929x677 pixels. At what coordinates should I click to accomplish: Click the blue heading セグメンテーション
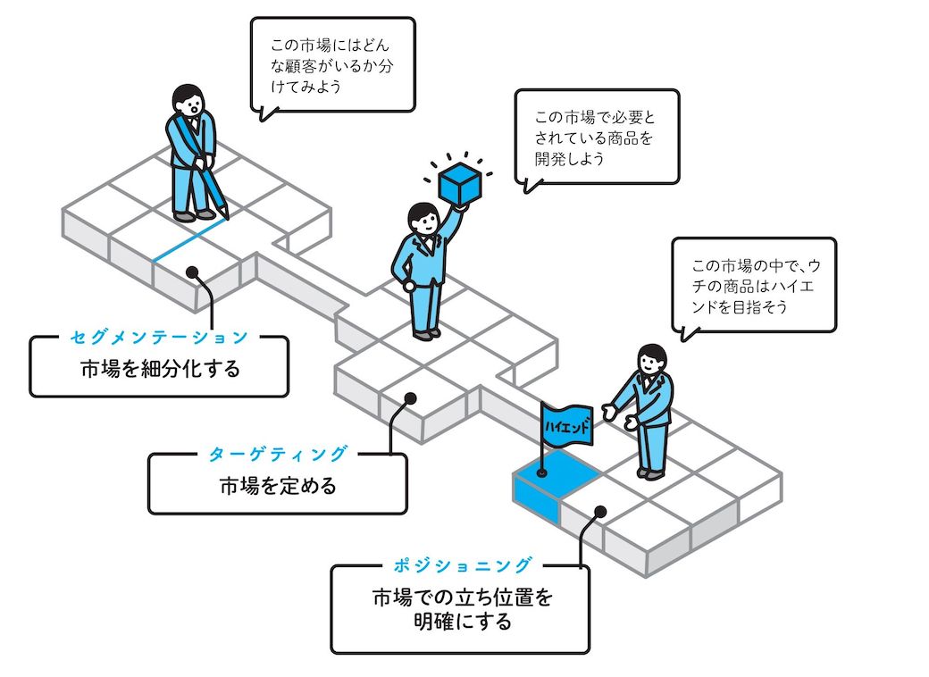159,337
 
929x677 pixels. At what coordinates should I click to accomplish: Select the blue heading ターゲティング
277,455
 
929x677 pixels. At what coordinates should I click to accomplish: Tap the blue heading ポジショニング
463,565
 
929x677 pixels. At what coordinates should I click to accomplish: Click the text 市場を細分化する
161,369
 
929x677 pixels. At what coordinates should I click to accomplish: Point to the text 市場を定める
278,486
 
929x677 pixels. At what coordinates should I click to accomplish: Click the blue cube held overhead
459,183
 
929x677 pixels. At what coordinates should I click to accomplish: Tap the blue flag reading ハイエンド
566,424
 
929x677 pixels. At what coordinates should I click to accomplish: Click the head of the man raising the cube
423,219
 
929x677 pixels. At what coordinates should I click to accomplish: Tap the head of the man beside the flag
652,359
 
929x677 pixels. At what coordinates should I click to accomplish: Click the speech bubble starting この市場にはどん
332,65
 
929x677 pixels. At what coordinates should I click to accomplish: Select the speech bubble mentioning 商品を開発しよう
597,138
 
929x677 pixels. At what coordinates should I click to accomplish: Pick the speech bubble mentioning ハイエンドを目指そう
754,286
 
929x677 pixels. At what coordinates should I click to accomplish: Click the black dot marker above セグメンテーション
192,272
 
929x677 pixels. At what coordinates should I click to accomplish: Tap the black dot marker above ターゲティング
410,398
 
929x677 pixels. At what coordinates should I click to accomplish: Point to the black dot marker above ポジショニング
600,511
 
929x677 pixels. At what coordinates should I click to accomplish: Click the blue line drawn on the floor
189,240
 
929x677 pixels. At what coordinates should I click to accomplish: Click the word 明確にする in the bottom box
463,622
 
